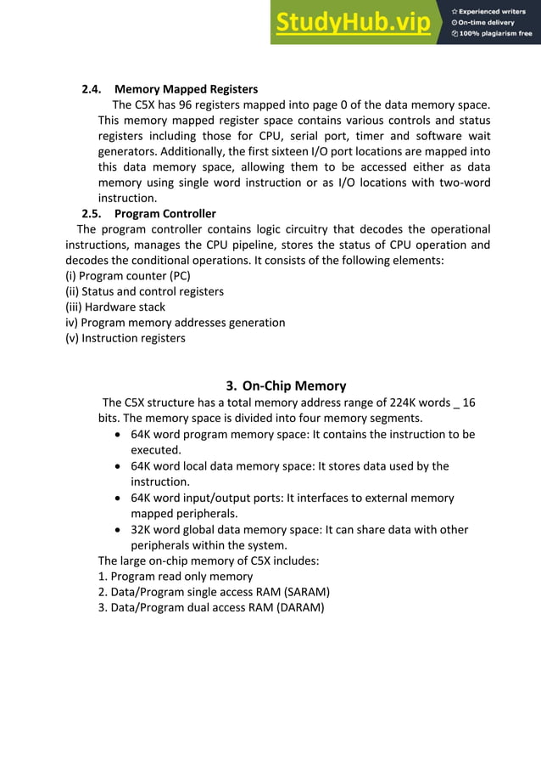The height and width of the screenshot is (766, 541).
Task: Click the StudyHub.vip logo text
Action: click(352, 23)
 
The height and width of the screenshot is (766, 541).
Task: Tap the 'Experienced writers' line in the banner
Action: click(493, 12)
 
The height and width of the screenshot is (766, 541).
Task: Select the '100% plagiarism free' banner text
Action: click(493, 34)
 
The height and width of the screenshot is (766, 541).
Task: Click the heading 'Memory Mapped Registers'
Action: click(186, 89)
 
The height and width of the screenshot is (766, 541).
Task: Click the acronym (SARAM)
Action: click(301, 592)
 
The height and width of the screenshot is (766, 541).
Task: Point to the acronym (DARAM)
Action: click(296, 607)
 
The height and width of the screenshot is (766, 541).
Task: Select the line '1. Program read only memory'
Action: click(176, 577)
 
